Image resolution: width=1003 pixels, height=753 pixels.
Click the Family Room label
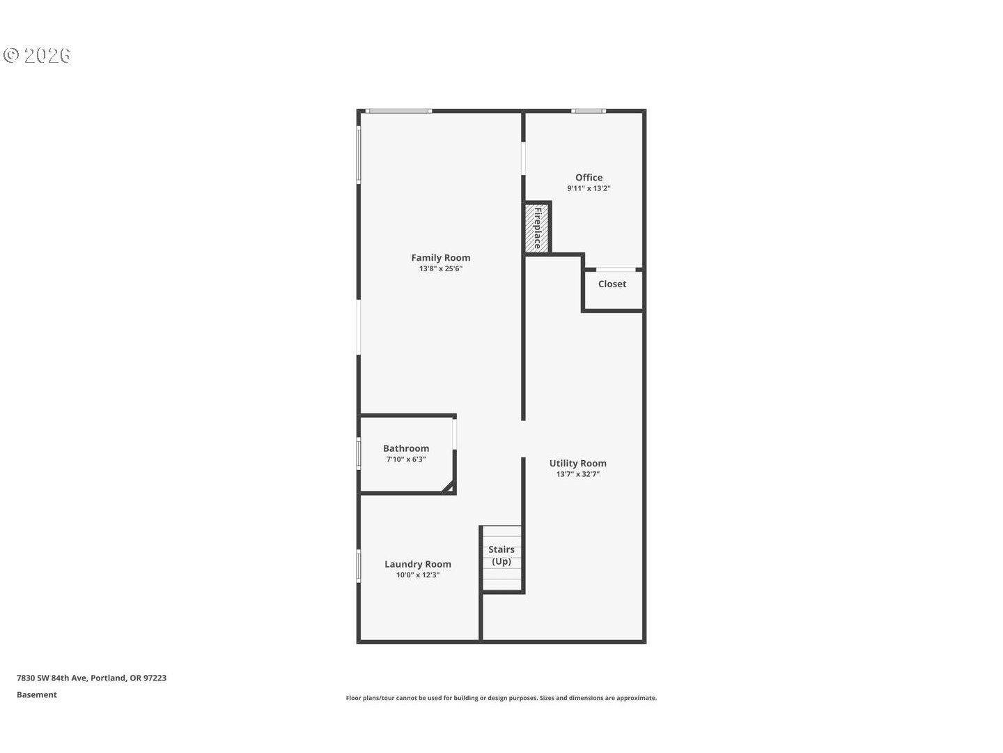440,258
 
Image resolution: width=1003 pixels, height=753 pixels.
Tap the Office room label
589,177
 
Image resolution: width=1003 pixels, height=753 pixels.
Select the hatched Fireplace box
537,227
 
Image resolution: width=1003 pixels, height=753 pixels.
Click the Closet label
612,284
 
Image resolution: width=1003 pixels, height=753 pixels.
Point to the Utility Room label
577,463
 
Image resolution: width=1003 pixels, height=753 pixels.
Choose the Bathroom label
406,448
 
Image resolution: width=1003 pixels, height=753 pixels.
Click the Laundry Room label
417,564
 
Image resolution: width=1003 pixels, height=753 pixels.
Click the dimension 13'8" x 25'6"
440,268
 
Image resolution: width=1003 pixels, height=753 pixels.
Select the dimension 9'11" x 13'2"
589,188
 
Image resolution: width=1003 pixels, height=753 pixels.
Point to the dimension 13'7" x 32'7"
577,474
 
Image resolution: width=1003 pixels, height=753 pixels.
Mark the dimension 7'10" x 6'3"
406,459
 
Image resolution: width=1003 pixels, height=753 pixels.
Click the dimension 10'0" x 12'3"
417,575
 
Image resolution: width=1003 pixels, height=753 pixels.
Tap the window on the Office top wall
589,111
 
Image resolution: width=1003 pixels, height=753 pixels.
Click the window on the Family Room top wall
398,111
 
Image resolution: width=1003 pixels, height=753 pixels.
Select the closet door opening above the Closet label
616,269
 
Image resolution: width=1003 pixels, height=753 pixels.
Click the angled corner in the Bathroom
449,487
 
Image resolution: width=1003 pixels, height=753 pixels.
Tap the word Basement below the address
37,694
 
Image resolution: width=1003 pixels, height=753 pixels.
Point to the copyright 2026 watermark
38,56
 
